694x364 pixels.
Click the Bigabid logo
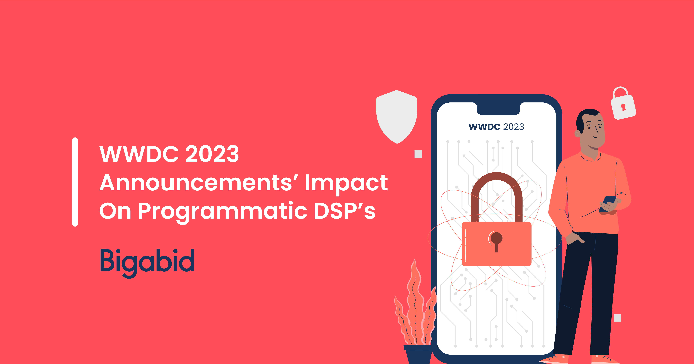tap(147, 261)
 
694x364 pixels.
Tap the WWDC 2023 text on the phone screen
tap(496, 127)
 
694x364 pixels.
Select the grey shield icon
tap(397, 116)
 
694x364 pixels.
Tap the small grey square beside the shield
tap(418, 154)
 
